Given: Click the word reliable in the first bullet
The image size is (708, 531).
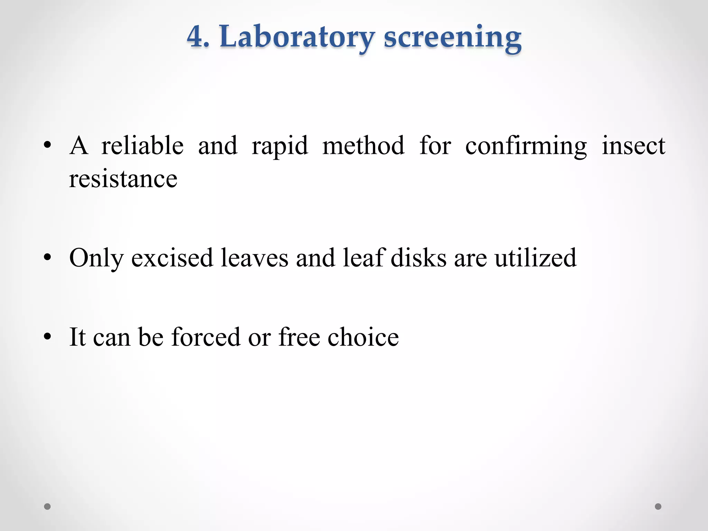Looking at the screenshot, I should [142, 146].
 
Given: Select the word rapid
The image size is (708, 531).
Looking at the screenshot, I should [280, 146].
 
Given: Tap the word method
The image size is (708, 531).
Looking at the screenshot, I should [363, 146].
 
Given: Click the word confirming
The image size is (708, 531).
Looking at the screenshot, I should [526, 146].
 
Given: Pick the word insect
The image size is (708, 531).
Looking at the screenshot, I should [633, 146].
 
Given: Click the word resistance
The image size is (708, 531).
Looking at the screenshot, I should [123, 179].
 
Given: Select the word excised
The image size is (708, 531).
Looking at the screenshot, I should [172, 258].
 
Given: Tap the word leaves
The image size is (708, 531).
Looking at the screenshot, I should [254, 258].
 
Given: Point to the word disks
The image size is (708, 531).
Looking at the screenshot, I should [418, 258].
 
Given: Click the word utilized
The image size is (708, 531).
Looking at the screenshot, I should [535, 258].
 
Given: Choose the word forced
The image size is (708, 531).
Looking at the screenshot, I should [206, 337].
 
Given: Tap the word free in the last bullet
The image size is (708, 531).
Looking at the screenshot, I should [299, 337].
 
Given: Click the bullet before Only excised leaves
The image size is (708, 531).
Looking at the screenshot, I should [48, 258].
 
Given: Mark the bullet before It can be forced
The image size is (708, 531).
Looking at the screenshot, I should [48, 337].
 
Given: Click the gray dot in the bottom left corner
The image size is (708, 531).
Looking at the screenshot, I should [47, 506].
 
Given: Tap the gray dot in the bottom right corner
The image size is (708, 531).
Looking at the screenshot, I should [658, 506].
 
